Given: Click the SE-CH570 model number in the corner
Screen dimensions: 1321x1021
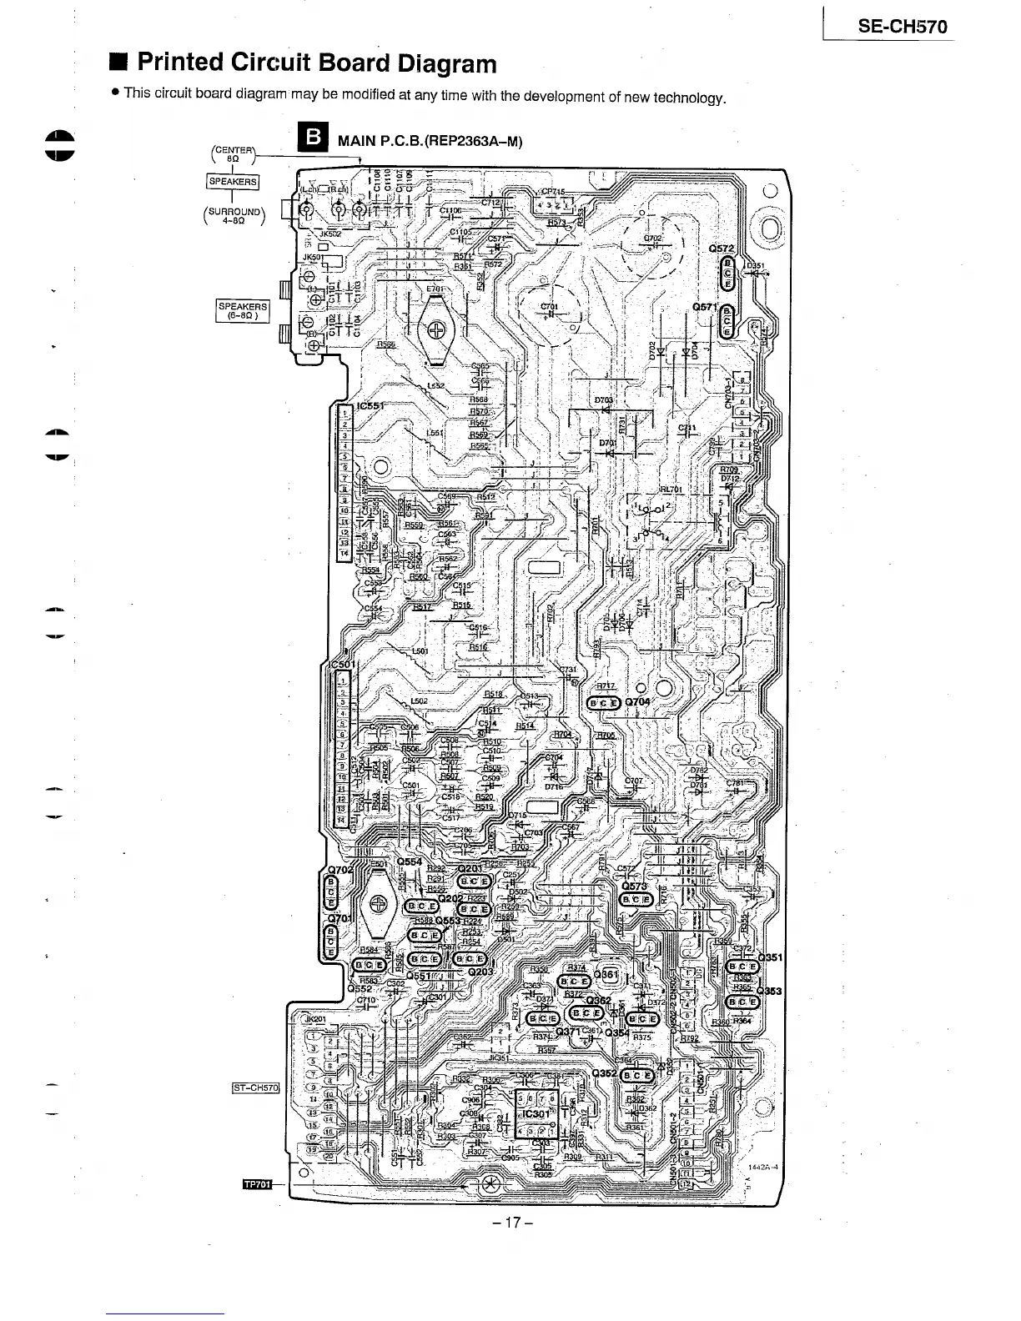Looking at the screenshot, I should coord(903,26).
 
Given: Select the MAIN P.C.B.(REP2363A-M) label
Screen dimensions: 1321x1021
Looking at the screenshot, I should coord(430,141).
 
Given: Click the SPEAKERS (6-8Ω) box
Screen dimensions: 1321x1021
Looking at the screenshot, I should coord(242,311).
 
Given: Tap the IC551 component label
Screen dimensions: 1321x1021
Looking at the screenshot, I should coord(374,408).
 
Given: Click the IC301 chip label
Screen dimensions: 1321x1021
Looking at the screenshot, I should coord(536,1113).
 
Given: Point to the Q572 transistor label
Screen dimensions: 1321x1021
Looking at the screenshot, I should coord(722,249).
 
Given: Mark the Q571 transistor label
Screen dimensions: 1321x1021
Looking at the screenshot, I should coord(706,307).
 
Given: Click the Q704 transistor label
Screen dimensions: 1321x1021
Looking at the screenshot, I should coord(640,702).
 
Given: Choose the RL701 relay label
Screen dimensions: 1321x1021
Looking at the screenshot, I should coord(671,490).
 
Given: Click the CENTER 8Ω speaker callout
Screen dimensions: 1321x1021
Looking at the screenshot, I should coord(233,155).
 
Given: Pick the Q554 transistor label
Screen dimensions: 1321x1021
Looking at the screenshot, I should coord(411,861).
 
